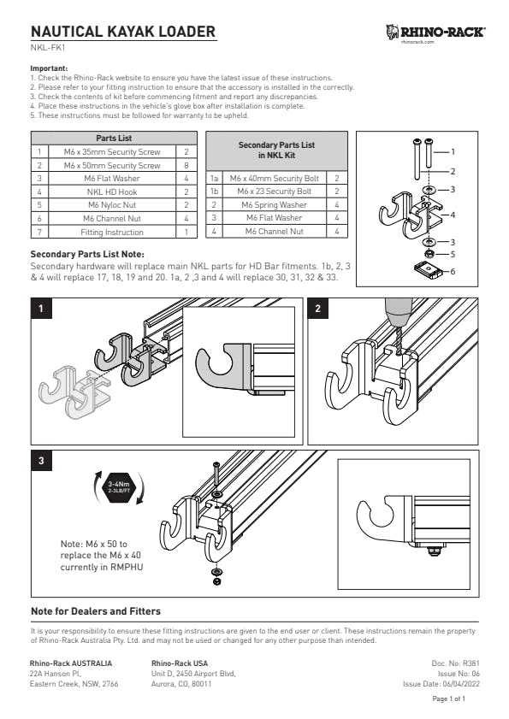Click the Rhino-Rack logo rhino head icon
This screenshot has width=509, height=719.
[x=393, y=32]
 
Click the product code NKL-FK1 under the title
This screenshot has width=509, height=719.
[x=44, y=47]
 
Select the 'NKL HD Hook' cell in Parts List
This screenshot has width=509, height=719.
[x=112, y=192]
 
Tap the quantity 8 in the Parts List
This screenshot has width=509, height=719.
[x=186, y=166]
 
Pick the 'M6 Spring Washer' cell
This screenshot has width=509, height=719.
[x=275, y=205]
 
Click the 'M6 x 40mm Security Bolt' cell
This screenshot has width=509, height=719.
[x=275, y=179]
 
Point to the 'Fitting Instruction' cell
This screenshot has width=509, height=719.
[x=112, y=232]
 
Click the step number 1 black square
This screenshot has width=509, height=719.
[x=41, y=309]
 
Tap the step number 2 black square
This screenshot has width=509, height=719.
[x=317, y=309]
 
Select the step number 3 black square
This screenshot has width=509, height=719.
[x=41, y=460]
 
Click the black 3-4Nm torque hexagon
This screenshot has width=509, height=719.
[x=119, y=486]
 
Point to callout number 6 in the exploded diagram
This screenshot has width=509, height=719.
[x=453, y=272]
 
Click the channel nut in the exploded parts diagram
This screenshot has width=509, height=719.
[x=427, y=268]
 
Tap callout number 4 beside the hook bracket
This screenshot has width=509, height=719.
[x=453, y=215]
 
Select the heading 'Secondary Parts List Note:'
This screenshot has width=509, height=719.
[x=87, y=254]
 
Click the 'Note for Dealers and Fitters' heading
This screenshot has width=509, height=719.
[x=96, y=611]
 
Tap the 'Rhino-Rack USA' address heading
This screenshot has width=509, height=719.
[x=180, y=663]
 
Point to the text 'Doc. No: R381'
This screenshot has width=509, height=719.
[x=456, y=663]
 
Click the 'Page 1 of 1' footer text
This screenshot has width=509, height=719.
[x=449, y=698]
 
